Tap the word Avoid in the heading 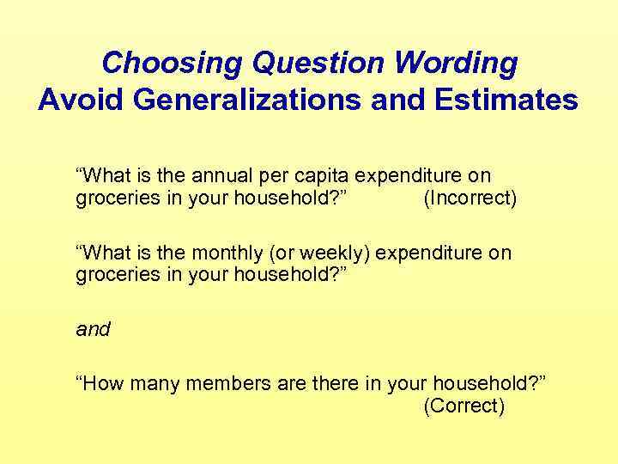coord(79,101)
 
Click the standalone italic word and coord(93,329)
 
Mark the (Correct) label coord(463,406)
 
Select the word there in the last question coord(334,384)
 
